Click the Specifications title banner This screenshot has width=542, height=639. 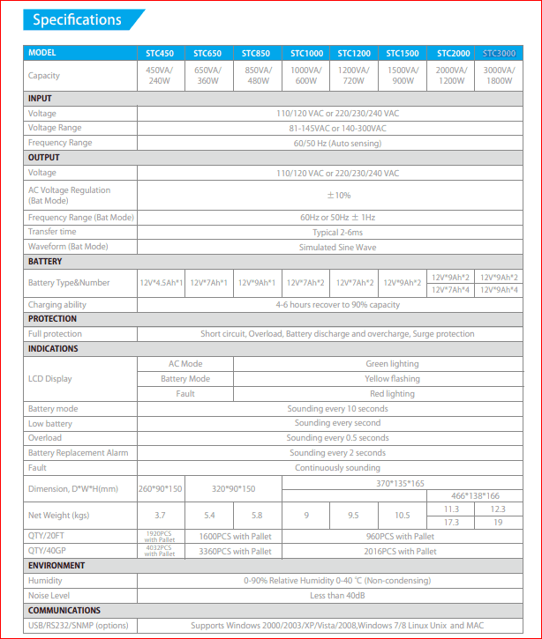(77, 19)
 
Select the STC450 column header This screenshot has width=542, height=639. (160, 53)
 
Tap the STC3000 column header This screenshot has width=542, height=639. (499, 53)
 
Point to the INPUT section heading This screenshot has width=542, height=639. (41, 99)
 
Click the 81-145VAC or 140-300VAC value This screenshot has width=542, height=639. (337, 128)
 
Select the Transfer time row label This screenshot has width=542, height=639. (52, 232)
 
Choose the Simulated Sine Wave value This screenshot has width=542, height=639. (337, 247)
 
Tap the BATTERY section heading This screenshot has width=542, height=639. (46, 262)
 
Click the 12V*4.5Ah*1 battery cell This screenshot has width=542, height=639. (162, 283)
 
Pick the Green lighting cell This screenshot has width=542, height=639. (392, 363)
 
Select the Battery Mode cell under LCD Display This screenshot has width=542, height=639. (185, 378)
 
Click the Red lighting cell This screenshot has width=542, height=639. (392, 394)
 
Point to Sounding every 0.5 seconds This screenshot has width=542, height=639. (337, 438)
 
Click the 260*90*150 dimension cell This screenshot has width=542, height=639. (161, 488)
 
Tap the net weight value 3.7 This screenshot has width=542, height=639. (160, 514)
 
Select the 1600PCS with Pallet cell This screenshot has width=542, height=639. (235, 536)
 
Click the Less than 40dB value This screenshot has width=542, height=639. (337, 595)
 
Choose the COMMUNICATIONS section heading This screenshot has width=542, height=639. (64, 610)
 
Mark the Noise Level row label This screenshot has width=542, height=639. (49, 595)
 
